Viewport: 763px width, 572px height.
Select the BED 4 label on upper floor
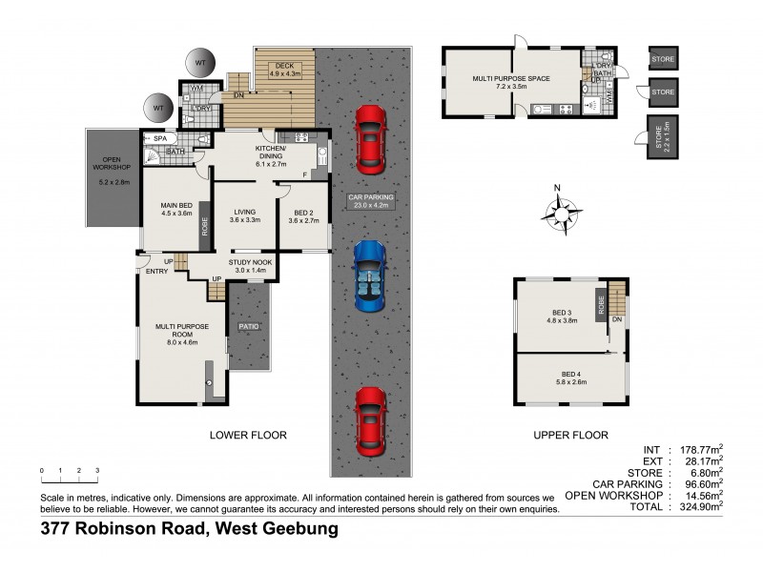pos(572,378)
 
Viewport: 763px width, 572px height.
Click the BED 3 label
pos(563,317)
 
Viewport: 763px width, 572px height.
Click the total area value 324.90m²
pos(697,507)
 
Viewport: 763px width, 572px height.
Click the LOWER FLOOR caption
pos(248,435)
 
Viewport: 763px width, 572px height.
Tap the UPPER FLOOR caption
pos(570,435)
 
